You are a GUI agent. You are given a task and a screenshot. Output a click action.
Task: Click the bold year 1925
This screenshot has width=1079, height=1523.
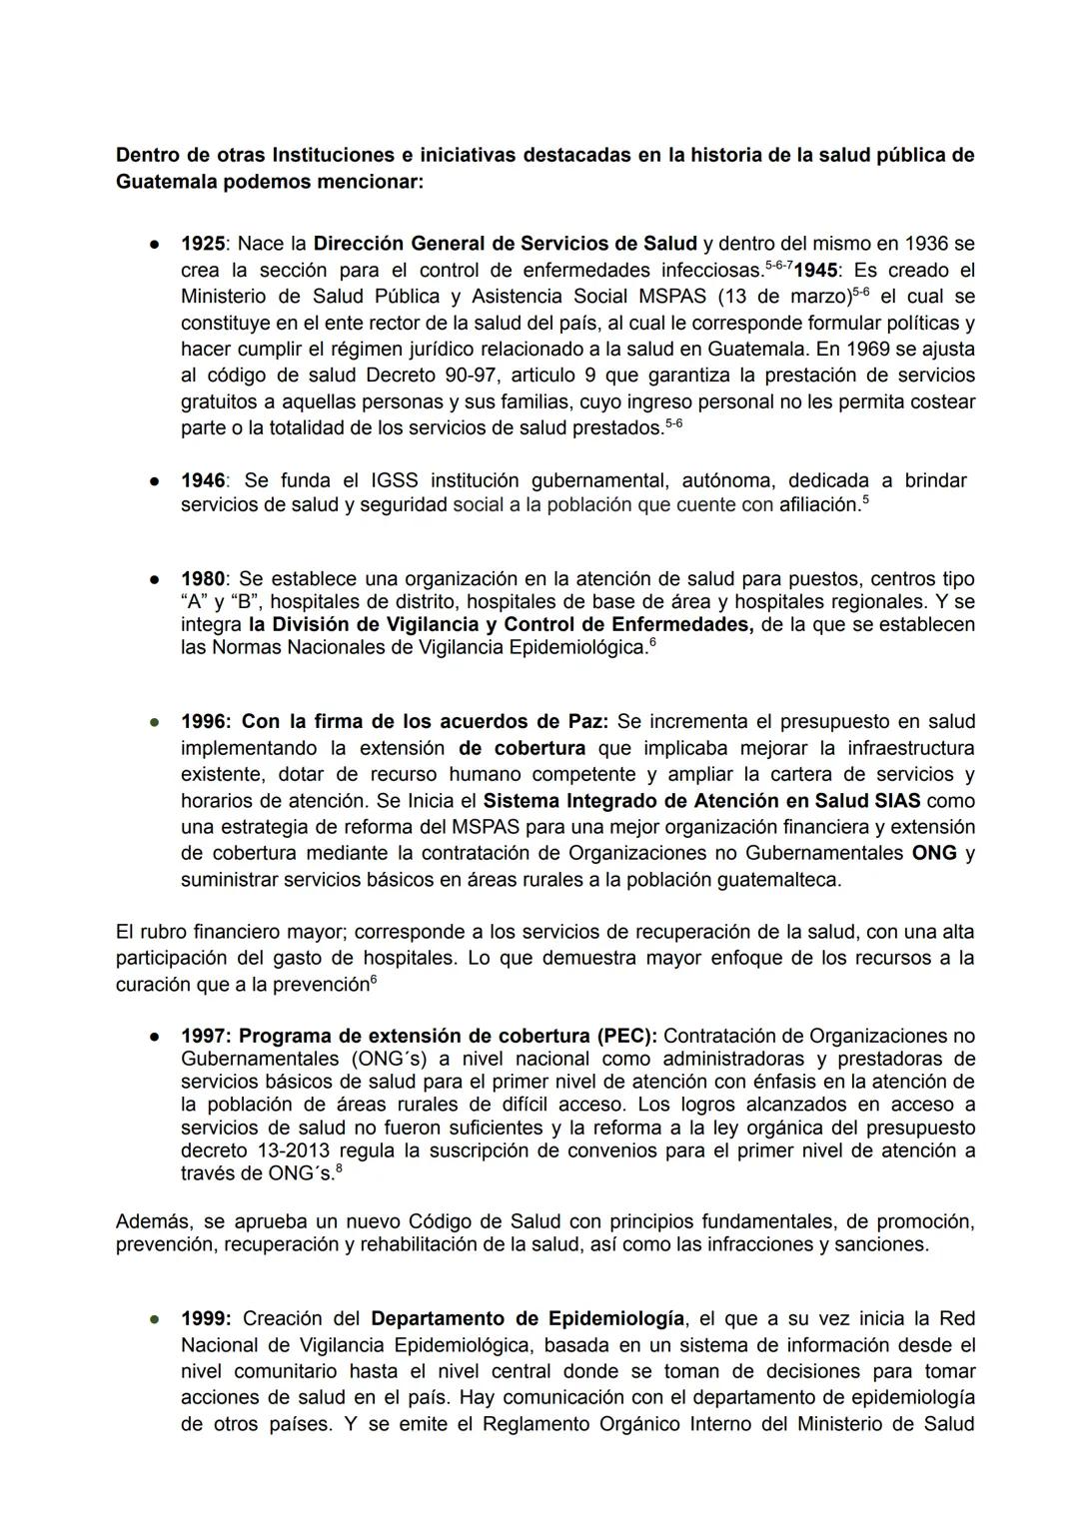202,244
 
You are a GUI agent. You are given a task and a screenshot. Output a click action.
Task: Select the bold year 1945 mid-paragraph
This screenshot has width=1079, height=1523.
816,271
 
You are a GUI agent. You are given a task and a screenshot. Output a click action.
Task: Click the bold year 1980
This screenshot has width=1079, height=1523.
202,579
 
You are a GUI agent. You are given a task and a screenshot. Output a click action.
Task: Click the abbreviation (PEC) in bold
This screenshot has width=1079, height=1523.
626,1036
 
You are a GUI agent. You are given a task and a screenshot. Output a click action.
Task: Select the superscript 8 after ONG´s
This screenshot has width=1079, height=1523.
339,1168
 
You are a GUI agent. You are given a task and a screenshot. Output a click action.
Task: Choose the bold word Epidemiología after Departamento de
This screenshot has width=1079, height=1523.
618,1318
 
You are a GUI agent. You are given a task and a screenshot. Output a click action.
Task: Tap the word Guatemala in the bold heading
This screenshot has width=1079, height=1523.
164,183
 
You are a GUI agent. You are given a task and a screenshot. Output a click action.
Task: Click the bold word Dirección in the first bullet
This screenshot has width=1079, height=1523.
359,244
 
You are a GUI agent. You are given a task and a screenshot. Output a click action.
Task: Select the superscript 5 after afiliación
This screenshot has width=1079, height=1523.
865,500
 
